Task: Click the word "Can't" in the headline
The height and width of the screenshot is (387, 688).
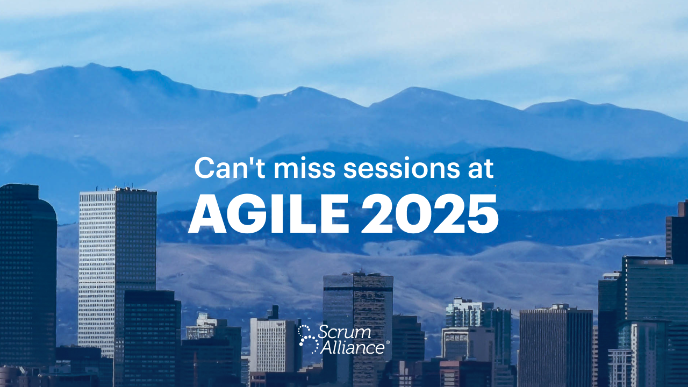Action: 230,168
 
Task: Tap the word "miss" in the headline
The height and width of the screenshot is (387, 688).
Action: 304,168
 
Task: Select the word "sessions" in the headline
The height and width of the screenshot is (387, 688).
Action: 402,169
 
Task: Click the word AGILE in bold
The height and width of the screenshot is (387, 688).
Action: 268,214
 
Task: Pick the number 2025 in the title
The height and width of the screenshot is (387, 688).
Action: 429,214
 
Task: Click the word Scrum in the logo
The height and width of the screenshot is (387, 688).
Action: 344,332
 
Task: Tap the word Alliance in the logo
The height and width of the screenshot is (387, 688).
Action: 352,347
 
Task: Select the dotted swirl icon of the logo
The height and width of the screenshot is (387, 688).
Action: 309,339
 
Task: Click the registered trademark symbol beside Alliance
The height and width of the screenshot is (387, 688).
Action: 388,342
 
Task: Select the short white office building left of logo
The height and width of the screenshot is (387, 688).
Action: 273,345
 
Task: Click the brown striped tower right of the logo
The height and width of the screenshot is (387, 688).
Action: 373,326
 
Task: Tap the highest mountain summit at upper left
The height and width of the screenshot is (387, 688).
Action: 91,65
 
